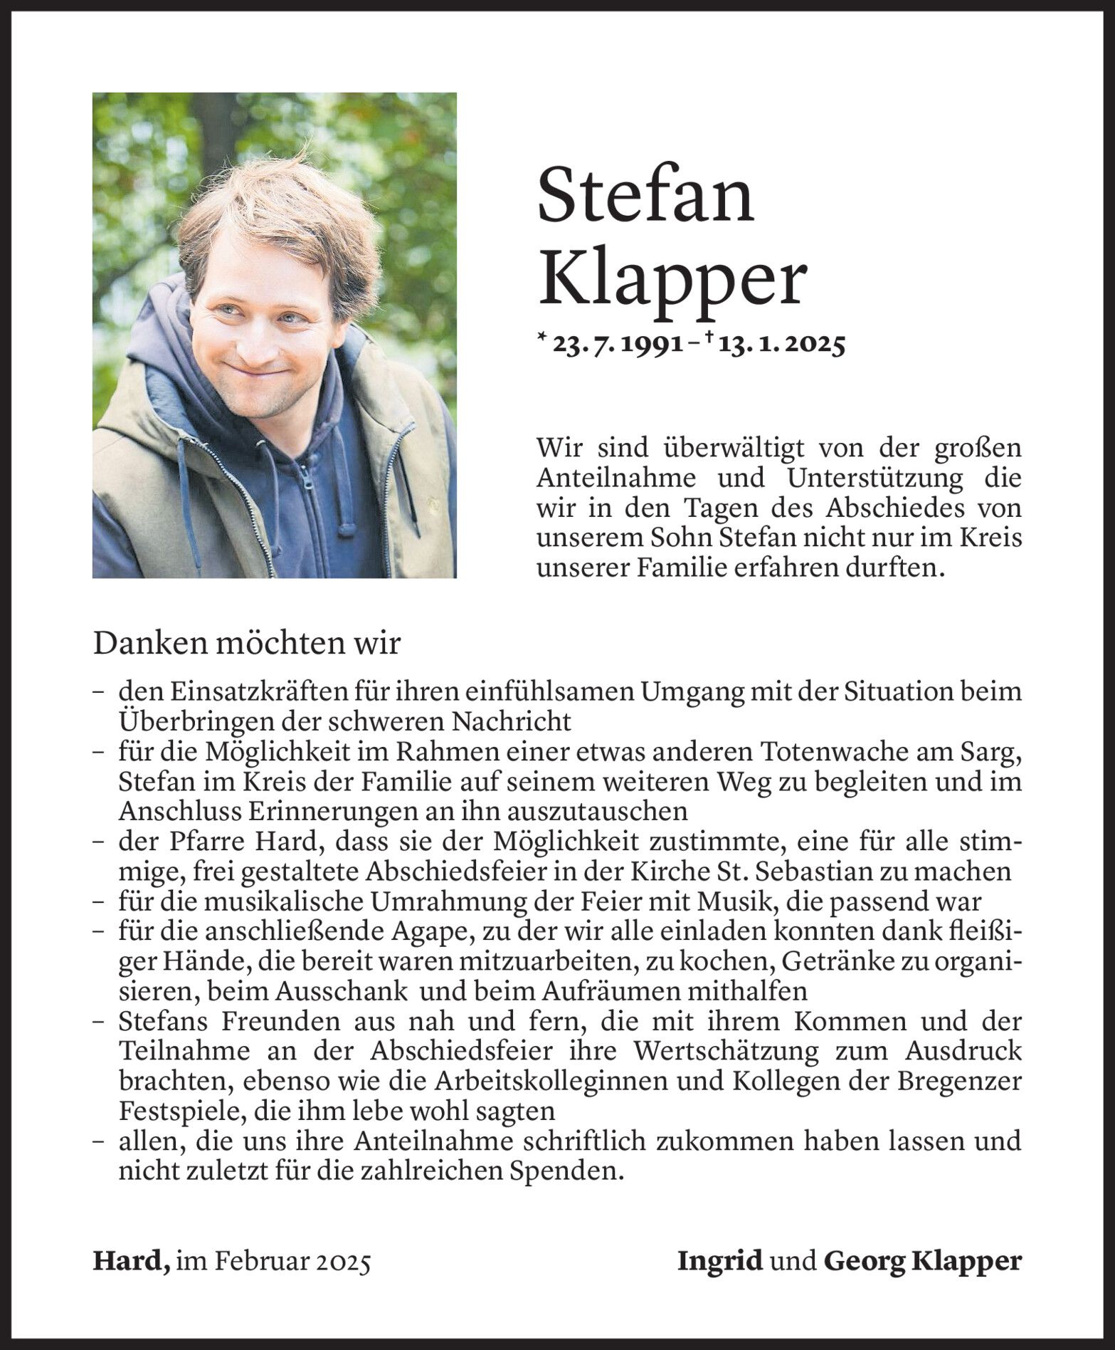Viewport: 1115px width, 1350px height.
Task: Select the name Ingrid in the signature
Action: click(x=719, y=1261)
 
